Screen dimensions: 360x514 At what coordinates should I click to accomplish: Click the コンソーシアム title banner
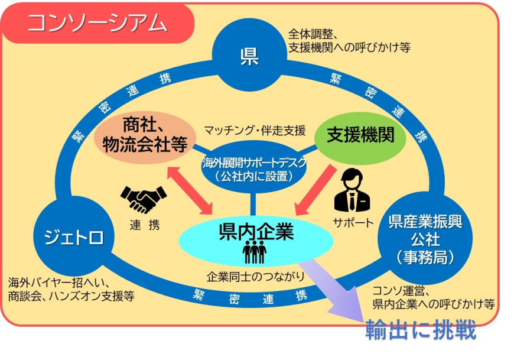point(97,22)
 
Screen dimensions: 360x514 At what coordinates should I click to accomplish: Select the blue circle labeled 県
point(249,56)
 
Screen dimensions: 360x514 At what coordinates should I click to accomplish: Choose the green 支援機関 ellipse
point(361,135)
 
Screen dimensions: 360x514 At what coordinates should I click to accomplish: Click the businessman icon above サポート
point(353,190)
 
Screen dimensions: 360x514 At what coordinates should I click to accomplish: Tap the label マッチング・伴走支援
point(255,129)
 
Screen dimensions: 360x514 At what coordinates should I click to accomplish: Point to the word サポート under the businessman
point(353,223)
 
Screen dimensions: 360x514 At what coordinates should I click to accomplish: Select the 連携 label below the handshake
point(144,225)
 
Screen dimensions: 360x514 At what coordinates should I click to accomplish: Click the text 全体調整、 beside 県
point(313,34)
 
